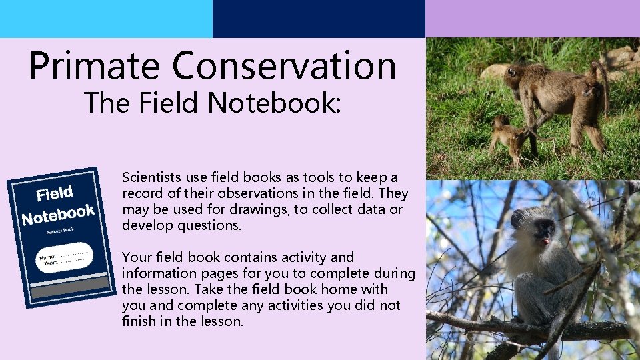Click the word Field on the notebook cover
(x=55, y=195)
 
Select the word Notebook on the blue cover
(x=58, y=214)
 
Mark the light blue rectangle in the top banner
(x=106, y=19)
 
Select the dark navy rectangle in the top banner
(x=319, y=19)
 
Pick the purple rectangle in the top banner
(x=533, y=19)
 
